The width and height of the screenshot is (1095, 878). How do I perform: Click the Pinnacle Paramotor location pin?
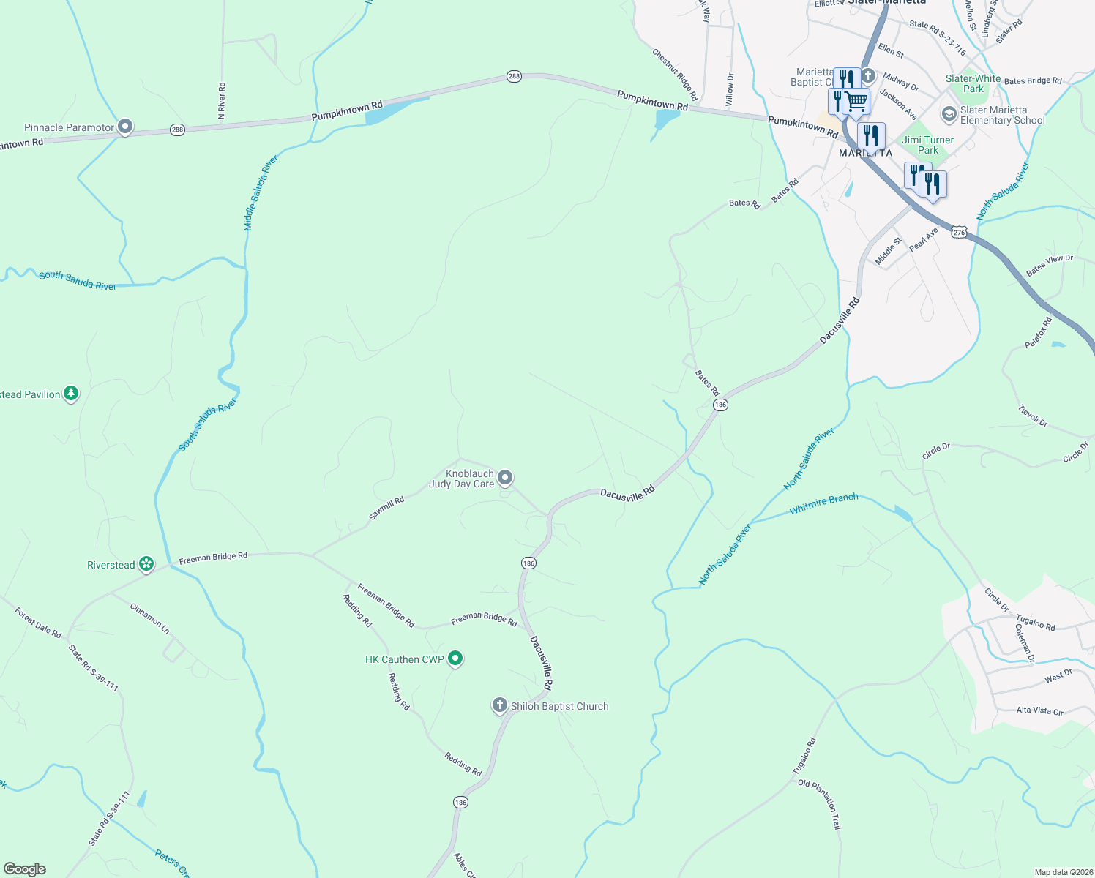point(125,127)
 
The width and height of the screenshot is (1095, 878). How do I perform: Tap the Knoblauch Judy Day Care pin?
point(505,479)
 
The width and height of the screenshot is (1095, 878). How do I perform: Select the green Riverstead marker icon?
point(146,564)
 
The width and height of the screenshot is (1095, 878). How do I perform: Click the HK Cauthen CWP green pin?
point(455,658)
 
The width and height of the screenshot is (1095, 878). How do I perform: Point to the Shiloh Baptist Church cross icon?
point(499,705)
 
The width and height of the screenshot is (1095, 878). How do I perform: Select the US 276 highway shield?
point(959,232)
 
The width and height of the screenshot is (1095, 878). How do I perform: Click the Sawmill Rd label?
point(386,509)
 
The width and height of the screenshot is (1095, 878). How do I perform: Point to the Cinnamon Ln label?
point(149,618)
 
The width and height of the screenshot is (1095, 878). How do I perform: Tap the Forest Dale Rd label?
point(38,622)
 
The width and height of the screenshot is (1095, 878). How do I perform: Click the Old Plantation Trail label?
point(820,804)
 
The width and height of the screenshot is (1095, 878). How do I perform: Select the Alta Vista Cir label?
point(1039,710)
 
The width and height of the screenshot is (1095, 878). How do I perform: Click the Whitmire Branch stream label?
point(823,503)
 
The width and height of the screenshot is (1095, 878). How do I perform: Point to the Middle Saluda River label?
point(261,193)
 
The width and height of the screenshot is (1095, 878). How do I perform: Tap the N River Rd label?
point(222,101)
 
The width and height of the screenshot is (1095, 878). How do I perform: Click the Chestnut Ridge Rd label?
point(674,75)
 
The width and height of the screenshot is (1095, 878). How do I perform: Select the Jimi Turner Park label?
point(927,145)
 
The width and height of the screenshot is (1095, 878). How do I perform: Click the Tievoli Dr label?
point(1033,416)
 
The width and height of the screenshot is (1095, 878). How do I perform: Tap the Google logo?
point(25,869)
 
